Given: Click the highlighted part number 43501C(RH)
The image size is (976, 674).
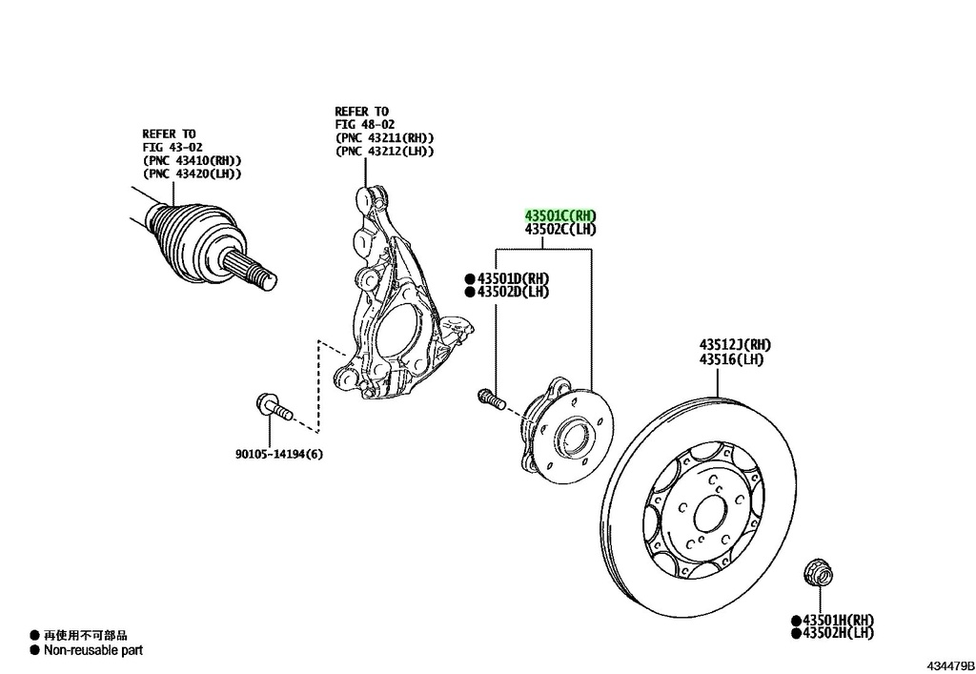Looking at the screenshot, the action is click(560, 215).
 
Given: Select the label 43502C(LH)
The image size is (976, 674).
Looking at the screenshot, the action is click(560, 230).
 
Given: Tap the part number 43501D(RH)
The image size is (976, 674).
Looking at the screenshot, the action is click(514, 277).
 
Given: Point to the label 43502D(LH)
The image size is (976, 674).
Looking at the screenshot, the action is click(514, 292).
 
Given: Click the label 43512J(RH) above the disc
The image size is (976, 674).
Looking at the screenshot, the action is click(735, 345).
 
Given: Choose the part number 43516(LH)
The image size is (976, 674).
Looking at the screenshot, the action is click(731, 359).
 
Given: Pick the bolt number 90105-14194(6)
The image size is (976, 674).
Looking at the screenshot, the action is click(279, 455).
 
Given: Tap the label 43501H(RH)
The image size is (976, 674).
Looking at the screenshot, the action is click(839, 621).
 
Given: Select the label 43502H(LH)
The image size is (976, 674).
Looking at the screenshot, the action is click(839, 634).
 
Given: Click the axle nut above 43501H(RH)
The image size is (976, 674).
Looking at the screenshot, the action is click(819, 573).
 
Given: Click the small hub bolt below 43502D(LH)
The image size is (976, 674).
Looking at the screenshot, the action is click(491, 398).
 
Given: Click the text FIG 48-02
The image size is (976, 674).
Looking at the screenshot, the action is click(365, 125).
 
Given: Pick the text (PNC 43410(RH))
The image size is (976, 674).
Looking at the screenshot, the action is click(192, 160).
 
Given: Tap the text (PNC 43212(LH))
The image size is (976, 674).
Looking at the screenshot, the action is click(384, 152).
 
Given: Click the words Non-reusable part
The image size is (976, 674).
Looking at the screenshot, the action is click(93, 650).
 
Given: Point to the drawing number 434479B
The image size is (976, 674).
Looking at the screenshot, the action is click(950, 666).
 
